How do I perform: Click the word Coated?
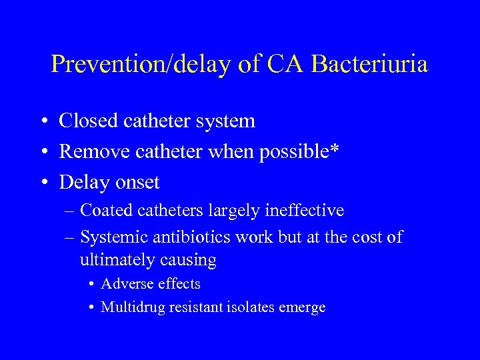(x=106, y=211)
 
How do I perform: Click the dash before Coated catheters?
(x=70, y=211)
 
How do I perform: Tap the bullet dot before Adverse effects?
(x=91, y=285)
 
